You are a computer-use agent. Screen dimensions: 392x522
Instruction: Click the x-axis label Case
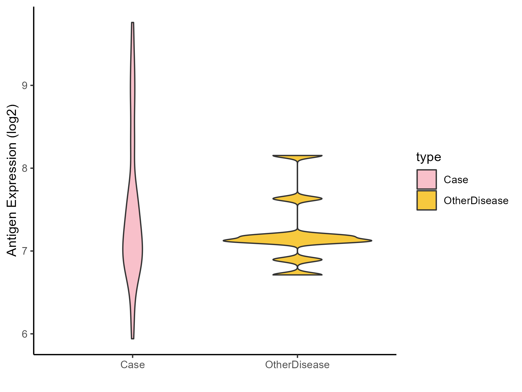coord(133,365)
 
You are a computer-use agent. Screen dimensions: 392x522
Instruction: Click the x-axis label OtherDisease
coord(297,365)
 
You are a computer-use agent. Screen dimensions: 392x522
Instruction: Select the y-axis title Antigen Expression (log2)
coord(12,180)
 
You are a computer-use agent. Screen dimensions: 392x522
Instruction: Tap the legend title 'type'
coord(429,157)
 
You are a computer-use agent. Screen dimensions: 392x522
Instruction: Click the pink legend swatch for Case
coord(427,179)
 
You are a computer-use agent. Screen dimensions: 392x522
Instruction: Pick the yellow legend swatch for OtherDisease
coord(427,200)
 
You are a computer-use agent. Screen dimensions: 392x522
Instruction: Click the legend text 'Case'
coord(456,180)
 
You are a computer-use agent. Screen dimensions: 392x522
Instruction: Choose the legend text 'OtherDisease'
coord(476,201)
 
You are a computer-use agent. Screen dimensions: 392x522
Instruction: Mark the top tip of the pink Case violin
coord(133,23)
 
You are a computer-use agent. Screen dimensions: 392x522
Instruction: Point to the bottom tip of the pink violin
coord(133,338)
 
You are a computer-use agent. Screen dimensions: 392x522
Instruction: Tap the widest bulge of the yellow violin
coord(297,240)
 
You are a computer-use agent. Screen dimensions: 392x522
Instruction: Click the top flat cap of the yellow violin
coord(297,156)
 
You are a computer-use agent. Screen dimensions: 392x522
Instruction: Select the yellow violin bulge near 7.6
coord(297,199)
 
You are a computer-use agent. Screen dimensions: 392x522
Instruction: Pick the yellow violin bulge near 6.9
coord(297,260)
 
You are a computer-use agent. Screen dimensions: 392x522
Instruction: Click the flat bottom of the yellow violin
coord(297,274)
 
